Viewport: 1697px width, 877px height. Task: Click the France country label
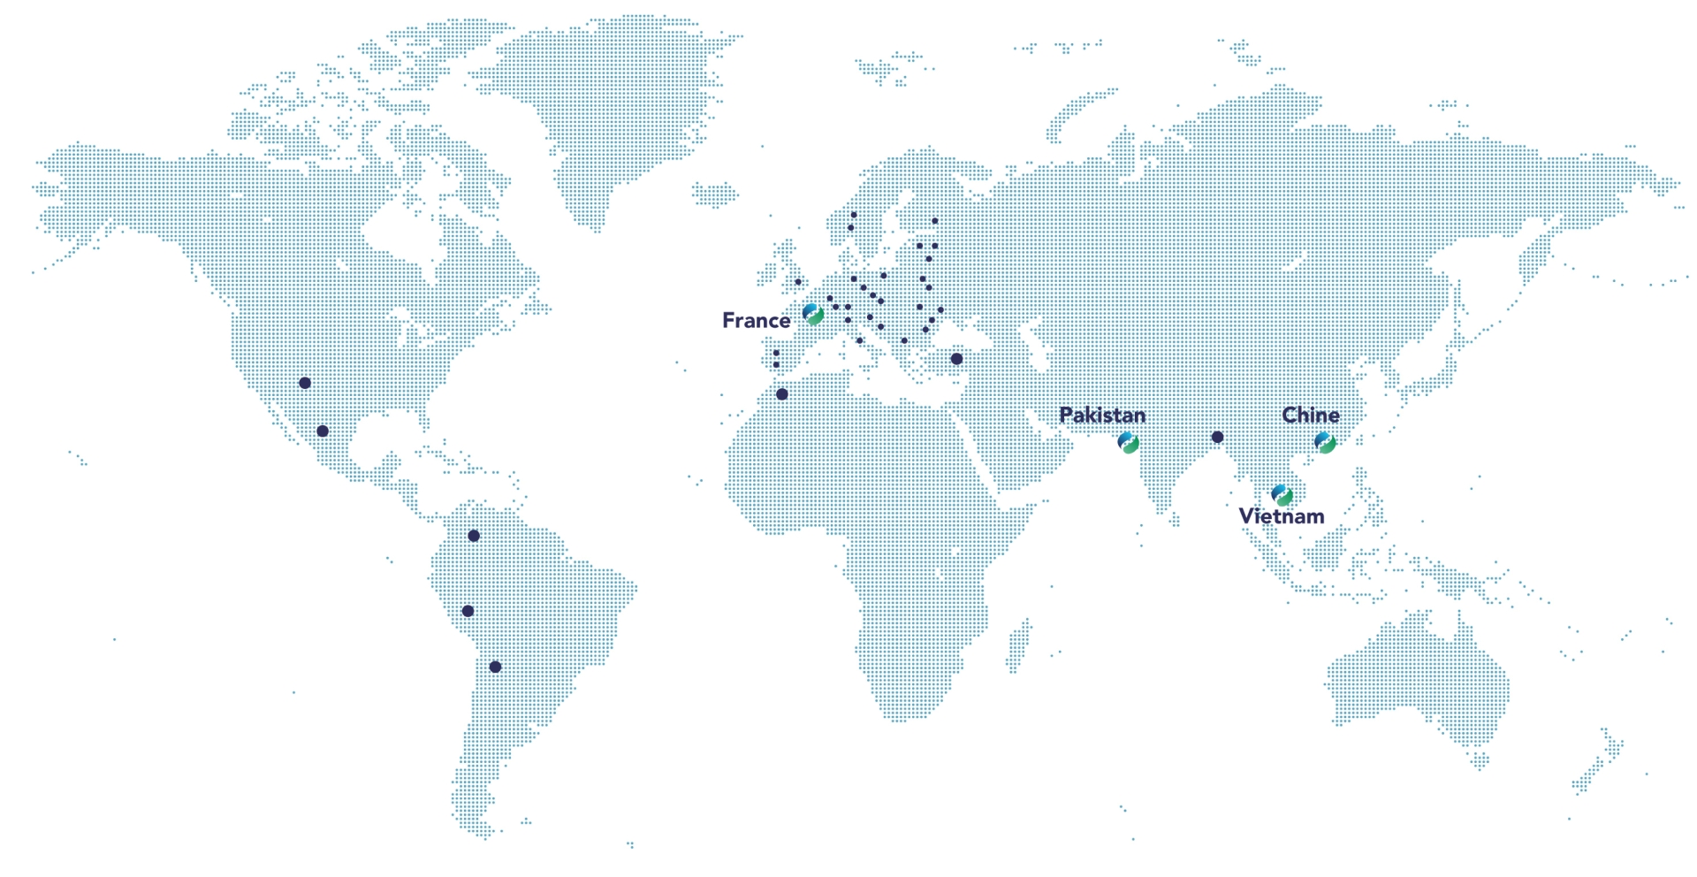[756, 320]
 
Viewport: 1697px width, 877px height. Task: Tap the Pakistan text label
[1101, 415]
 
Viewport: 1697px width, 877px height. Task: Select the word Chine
[1310, 415]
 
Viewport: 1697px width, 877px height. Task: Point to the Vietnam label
[1281, 516]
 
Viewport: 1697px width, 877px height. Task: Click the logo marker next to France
[813, 314]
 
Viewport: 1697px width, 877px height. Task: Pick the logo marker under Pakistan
[1128, 443]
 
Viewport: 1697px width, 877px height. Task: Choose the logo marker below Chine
[1324, 443]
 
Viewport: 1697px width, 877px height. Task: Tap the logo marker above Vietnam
[1282, 495]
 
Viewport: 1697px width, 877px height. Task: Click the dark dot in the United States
[305, 383]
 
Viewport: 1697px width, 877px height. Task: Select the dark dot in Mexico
[323, 431]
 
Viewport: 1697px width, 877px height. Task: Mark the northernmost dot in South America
[474, 536]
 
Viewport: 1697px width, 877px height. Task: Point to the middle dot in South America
[468, 611]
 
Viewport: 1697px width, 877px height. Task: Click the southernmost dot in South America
[495, 667]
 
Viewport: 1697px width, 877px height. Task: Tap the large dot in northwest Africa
[781, 394]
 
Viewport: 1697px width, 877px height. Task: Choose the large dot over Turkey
[956, 359]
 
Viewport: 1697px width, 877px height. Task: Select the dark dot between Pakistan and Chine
[1217, 437]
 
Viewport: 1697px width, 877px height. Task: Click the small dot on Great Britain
[798, 282]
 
